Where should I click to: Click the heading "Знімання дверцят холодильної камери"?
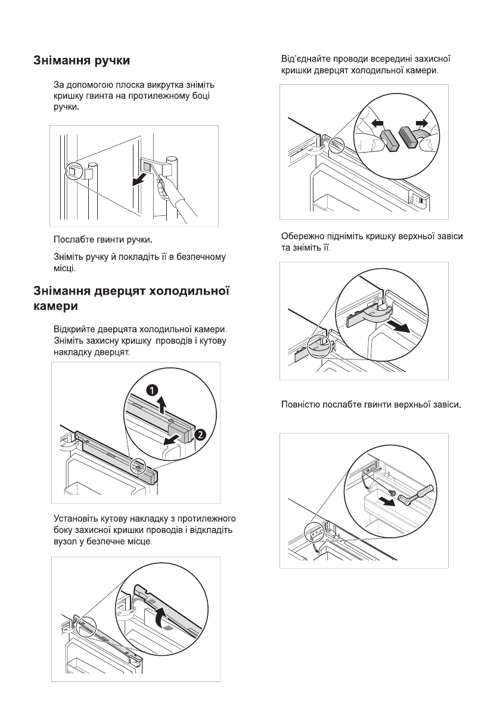[x=131, y=299]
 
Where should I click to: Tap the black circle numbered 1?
[x=153, y=390]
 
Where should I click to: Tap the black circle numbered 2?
[x=201, y=435]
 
